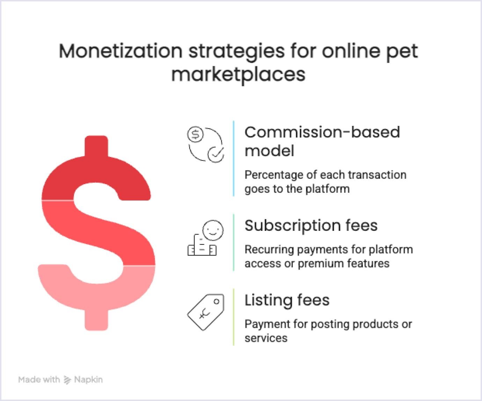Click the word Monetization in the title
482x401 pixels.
[120, 51]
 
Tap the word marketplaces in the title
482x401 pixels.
[238, 74]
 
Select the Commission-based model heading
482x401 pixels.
[322, 141]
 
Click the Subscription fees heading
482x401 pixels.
[311, 225]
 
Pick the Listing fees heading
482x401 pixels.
[287, 300]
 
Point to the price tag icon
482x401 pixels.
[206, 312]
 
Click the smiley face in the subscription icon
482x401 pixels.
[213, 230]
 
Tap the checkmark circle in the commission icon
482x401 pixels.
[216, 154]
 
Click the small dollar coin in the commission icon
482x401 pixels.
[196, 134]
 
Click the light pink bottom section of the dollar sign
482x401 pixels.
[96, 296]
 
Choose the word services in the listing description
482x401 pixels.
[266, 338]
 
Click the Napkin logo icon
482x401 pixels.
[67, 380]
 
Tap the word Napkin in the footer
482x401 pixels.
[88, 379]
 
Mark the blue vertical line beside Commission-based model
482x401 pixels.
[233, 159]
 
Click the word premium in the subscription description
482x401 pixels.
[318, 263]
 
